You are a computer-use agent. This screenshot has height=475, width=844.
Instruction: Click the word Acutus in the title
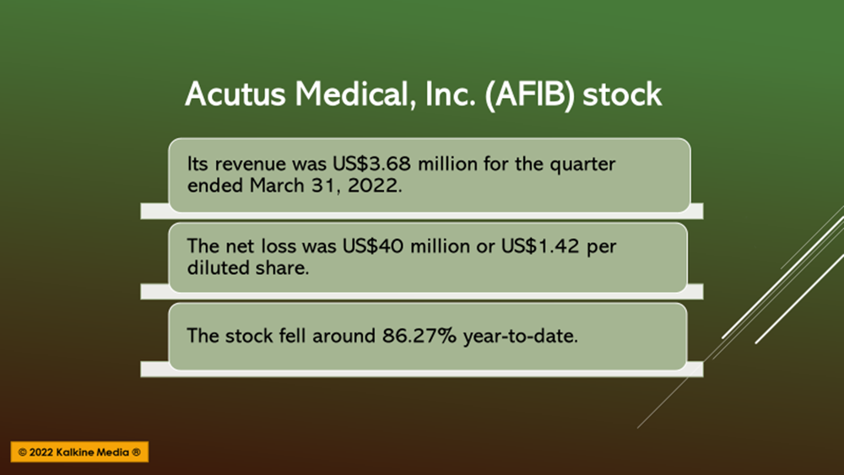pos(235,94)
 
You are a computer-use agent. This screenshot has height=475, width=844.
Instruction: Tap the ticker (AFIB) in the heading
pos(530,95)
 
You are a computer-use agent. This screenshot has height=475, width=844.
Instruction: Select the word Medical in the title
pos(355,94)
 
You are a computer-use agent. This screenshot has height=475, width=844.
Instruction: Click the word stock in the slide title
pos(622,94)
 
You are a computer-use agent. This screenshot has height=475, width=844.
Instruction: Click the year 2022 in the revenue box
pos(375,186)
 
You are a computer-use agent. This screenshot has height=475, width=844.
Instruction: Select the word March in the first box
pos(277,186)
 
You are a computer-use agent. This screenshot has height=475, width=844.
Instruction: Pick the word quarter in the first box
pos(582,165)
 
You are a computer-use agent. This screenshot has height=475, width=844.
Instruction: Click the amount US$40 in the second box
pos(373,246)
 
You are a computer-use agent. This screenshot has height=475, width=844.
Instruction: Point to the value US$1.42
pos(540,246)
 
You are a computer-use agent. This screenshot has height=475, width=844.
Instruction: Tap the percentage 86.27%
pos(419,336)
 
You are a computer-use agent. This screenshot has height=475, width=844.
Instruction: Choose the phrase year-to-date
pos(521,337)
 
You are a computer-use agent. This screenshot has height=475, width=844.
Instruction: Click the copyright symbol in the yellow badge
pos(22,452)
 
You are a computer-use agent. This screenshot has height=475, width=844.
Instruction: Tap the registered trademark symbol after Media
pos(136,452)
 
